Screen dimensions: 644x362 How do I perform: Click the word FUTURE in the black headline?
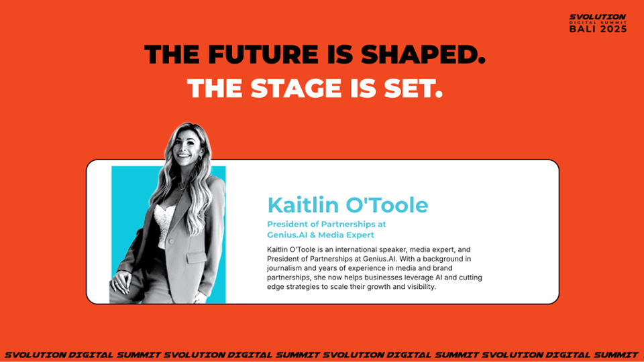[x=263, y=54]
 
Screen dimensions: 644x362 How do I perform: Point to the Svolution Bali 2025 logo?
[x=598, y=23]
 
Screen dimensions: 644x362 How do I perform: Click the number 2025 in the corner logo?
[x=612, y=29]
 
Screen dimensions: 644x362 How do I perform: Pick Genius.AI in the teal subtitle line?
[x=287, y=235]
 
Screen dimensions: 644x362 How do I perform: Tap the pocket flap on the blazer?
[x=197, y=257]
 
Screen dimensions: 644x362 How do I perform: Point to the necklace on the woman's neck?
[x=182, y=185]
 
